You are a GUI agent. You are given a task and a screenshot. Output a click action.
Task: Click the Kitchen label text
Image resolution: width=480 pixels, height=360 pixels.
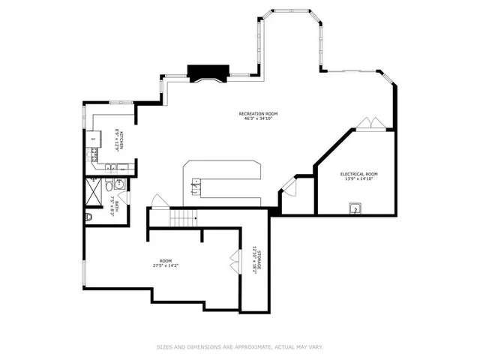(118, 139)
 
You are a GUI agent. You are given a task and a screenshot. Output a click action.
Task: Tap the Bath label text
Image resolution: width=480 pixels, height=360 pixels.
(117, 201)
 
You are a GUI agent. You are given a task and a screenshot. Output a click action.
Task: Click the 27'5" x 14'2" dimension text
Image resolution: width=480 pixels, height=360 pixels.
(165, 265)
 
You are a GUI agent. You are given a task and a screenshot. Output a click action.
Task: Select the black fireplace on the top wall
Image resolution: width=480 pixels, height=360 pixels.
(207, 73)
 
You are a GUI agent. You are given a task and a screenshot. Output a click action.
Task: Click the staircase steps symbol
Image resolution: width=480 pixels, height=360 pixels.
(183, 218)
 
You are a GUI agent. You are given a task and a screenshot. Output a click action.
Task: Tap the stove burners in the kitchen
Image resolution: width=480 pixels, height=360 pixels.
(94, 156)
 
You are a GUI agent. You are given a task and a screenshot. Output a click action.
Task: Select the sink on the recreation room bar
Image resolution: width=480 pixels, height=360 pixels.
(196, 184)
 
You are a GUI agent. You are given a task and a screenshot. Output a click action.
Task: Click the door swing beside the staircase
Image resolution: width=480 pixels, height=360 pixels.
(158, 201)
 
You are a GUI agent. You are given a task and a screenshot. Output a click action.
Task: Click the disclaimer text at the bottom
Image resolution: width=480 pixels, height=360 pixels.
(239, 346)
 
